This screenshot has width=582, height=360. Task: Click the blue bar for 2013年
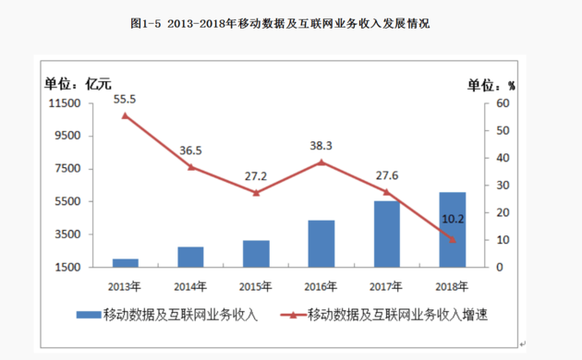click(124, 263)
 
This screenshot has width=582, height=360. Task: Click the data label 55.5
click(125, 99)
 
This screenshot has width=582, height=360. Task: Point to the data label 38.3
click(321, 145)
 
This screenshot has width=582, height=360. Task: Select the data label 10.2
click(452, 219)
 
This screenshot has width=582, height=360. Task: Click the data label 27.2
click(256, 175)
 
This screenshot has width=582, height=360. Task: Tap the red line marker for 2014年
click(190, 167)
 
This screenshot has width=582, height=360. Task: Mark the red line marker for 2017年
click(387, 192)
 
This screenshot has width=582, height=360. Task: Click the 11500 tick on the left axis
click(67, 103)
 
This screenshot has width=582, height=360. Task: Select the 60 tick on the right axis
click(502, 103)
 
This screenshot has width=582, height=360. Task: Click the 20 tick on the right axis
click(502, 212)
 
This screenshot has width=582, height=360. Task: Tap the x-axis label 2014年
click(190, 284)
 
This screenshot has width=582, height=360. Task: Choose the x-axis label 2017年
click(387, 284)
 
